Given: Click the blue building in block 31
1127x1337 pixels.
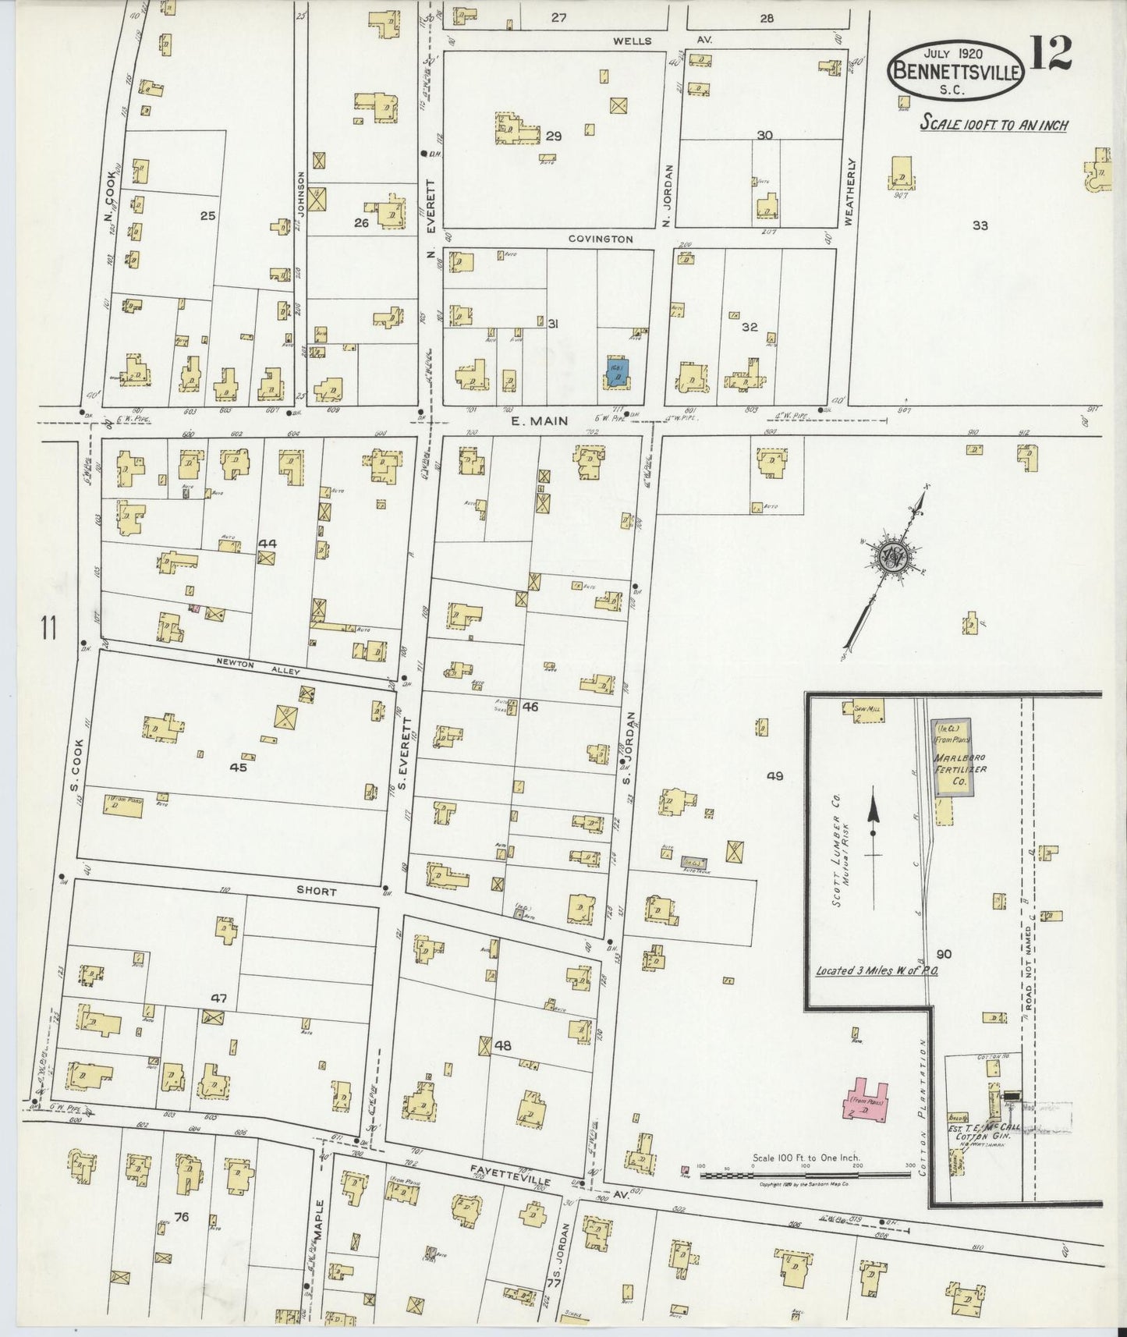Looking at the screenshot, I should point(615,373).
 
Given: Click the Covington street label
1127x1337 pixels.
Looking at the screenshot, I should point(601,239).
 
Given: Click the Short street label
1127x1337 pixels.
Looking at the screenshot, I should point(316,891).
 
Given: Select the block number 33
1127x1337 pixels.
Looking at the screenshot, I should point(980,225).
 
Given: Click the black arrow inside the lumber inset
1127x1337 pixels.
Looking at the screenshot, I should point(874,818).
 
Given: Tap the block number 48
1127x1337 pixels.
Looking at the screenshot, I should point(503,1045).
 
